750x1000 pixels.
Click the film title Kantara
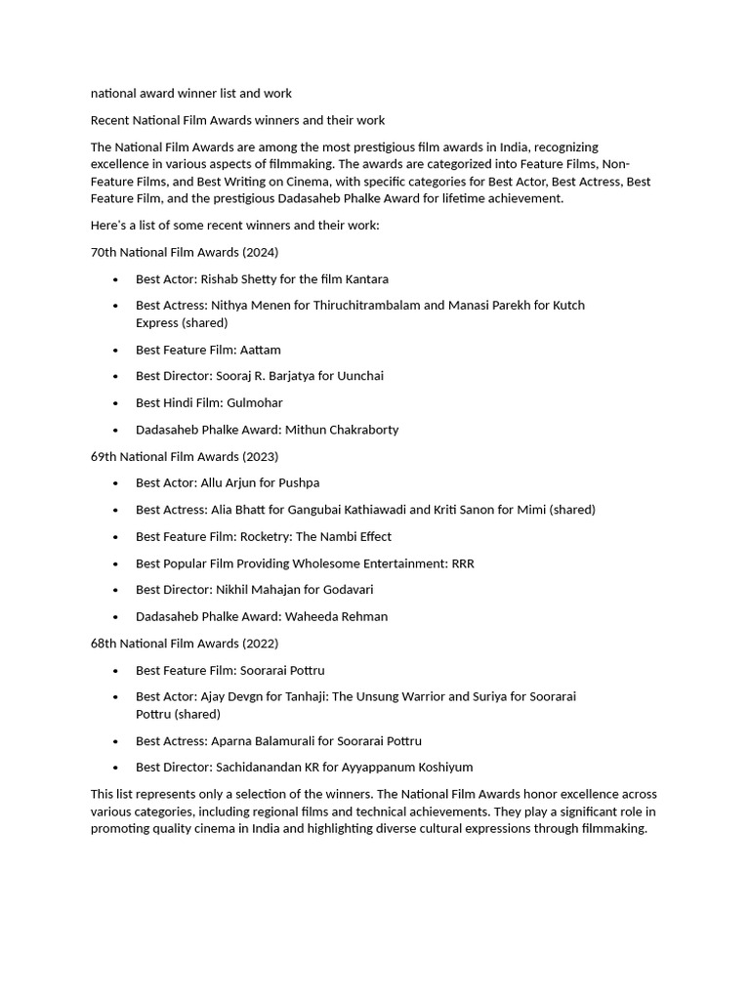click(x=366, y=279)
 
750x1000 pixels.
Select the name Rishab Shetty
click(x=238, y=279)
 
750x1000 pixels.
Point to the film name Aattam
click(x=261, y=350)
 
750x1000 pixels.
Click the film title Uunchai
click(x=360, y=376)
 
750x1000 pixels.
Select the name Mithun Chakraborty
click(x=342, y=430)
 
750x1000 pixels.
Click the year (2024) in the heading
click(x=261, y=252)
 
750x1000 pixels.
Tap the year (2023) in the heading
click(x=261, y=456)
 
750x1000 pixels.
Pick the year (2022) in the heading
click(x=261, y=644)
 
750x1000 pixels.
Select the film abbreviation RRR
click(x=462, y=563)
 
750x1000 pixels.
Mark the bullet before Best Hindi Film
click(x=115, y=403)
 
